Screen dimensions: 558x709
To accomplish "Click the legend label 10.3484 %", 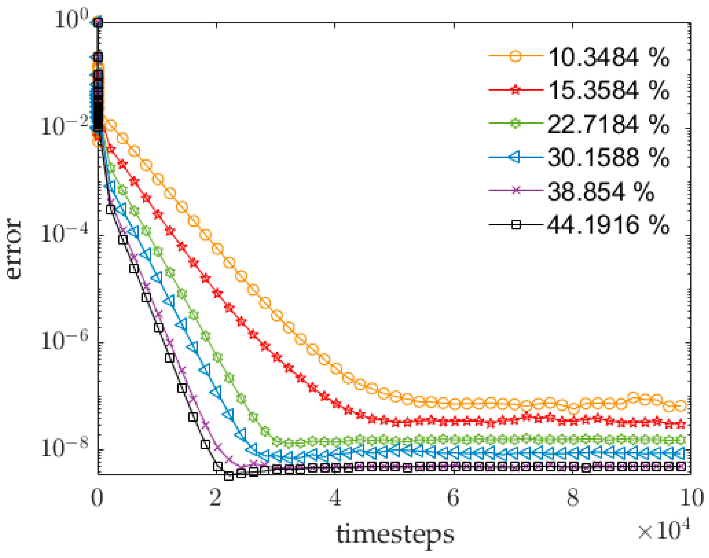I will click(608, 57).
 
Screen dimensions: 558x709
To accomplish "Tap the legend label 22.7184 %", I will click(608, 124).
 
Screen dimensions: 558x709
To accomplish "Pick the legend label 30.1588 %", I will click(608, 157).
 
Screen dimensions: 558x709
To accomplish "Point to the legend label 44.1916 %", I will click(608, 225).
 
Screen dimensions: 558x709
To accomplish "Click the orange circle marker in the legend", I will click(515, 56).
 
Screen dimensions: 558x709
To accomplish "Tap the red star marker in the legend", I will click(515, 90).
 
